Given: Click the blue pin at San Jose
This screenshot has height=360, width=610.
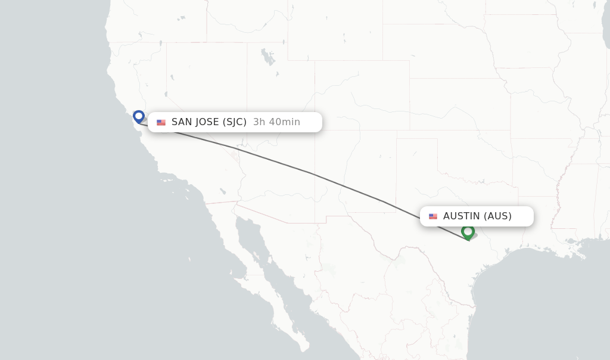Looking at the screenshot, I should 139,116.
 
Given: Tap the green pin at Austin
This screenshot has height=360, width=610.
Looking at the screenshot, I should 468,231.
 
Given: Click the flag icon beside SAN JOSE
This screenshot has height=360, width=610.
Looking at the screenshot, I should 161,122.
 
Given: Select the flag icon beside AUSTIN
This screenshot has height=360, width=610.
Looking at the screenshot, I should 432,216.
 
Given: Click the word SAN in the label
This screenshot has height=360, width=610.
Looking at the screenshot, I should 182,122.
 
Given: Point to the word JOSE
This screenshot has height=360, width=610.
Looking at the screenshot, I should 207,122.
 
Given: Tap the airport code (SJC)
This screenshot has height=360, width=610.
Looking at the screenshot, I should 235,122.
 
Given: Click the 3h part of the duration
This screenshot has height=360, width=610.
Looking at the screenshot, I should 259,122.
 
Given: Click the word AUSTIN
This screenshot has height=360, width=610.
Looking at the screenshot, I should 461,216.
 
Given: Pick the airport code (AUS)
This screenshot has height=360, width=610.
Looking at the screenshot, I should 497,216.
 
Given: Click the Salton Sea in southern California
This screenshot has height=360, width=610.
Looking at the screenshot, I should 222,191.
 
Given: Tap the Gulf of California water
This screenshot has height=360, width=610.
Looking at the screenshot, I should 262,262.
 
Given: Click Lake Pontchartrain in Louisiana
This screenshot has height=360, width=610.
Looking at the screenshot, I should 572,241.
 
